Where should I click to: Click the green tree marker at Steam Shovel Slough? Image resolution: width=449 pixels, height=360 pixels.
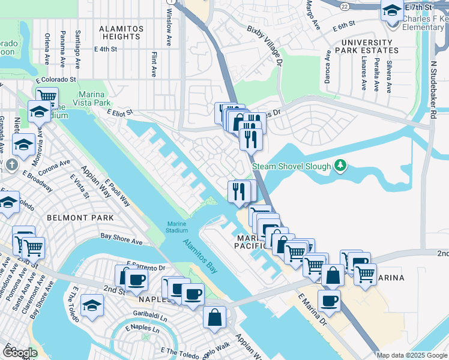[340, 164]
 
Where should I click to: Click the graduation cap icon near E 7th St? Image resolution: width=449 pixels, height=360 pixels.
[392, 10]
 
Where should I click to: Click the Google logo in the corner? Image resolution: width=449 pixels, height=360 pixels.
[20, 352]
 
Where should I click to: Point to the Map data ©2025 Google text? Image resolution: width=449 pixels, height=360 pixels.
[412, 355]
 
